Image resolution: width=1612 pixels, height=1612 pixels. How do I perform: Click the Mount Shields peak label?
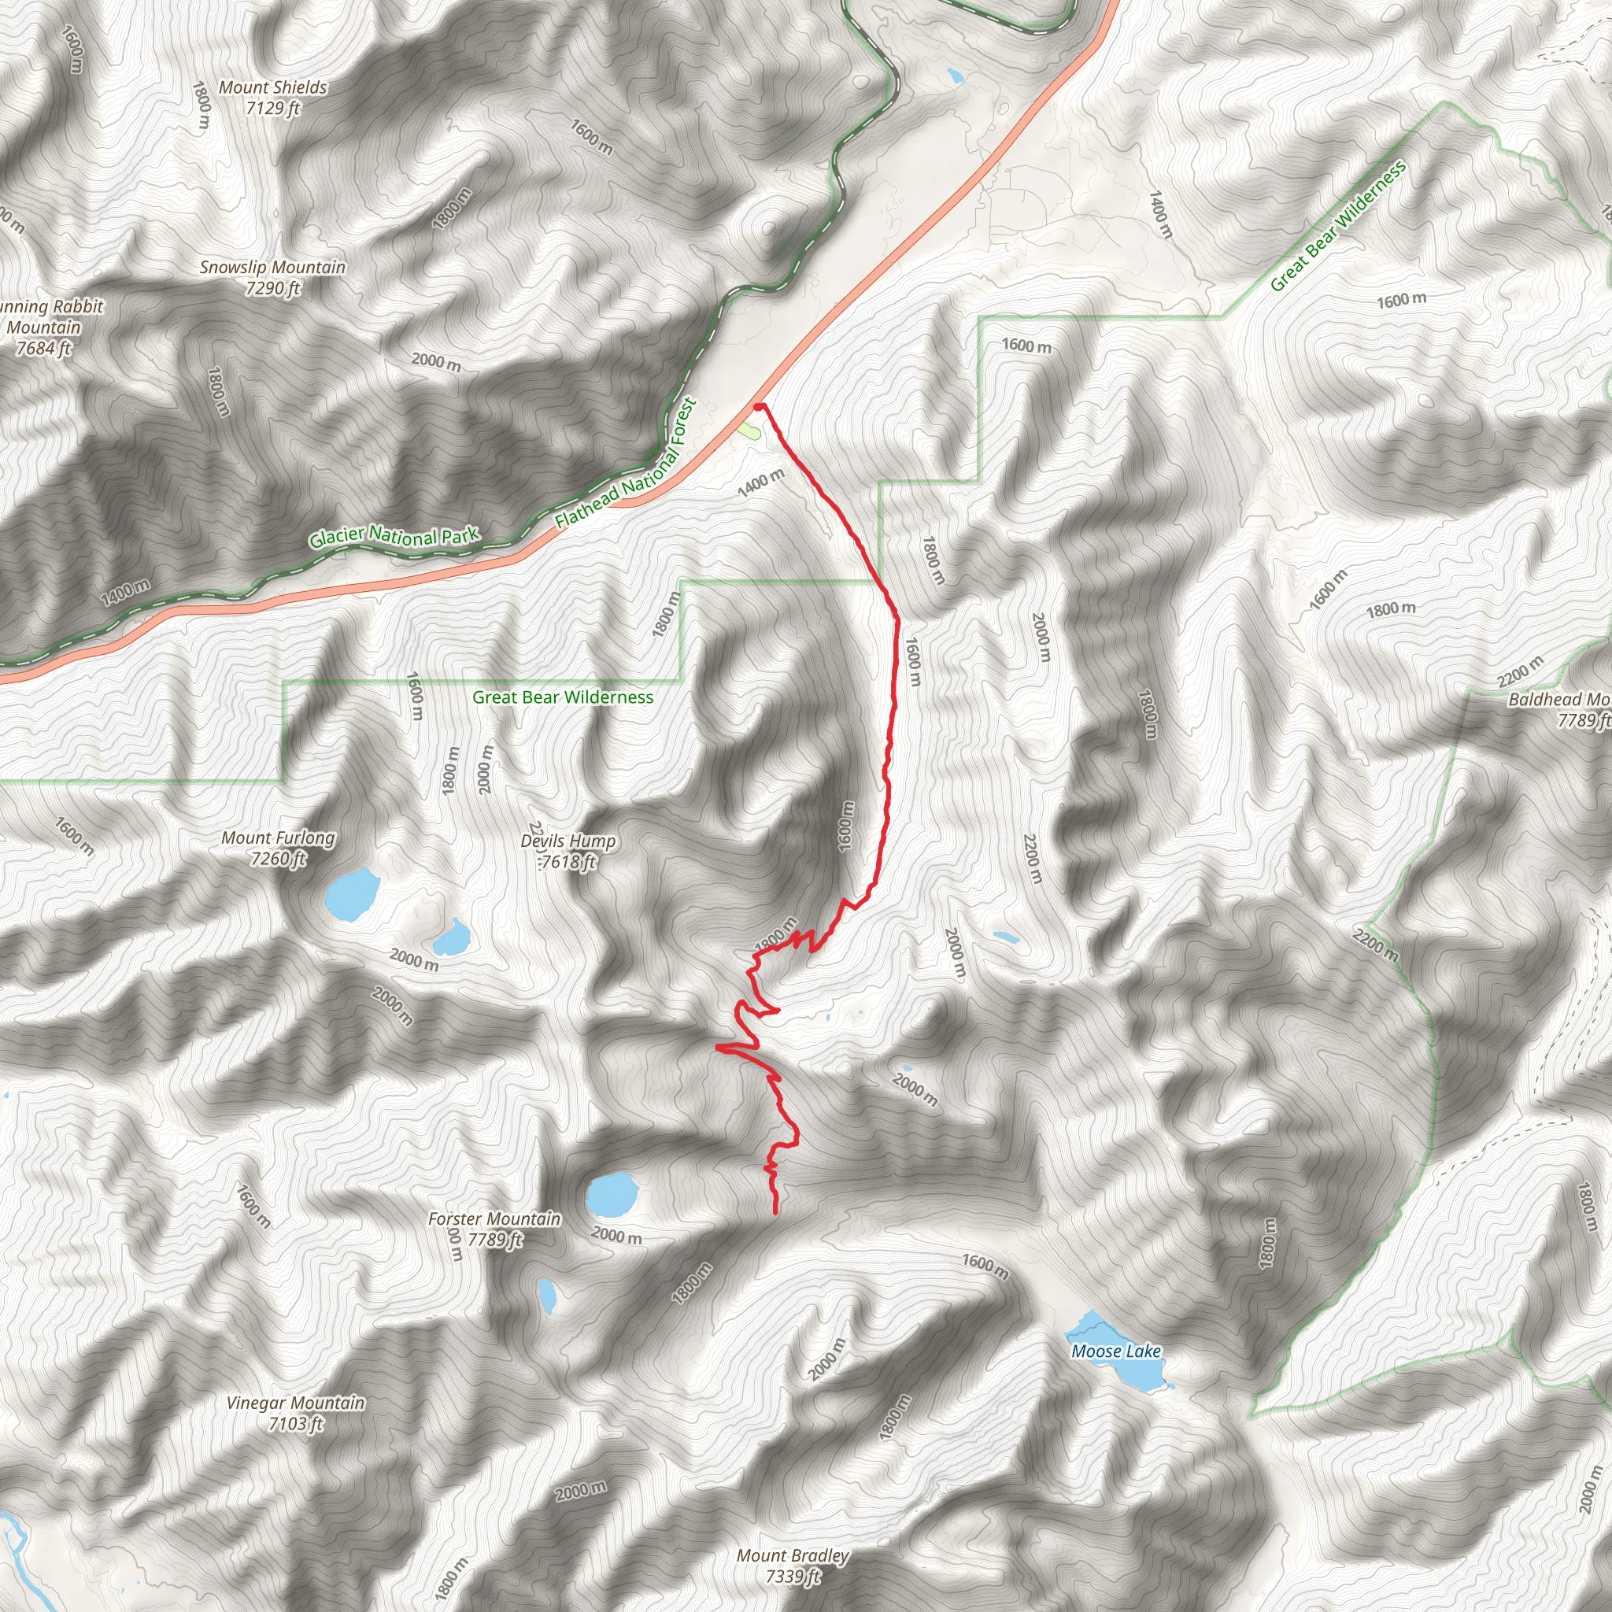pos(273,98)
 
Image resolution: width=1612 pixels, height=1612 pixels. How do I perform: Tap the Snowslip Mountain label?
pos(272,278)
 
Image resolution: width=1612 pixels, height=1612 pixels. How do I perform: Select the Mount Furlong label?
pos(278,848)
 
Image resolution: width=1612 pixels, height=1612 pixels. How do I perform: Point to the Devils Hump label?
pos(568,851)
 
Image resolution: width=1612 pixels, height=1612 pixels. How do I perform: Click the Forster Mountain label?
pos(494,1229)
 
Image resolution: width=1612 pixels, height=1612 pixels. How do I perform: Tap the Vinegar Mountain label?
pos(295,1413)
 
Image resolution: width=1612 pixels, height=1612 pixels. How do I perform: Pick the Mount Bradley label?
pos(793,1566)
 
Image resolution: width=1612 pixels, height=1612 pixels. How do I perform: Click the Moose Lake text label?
pos(1115,1351)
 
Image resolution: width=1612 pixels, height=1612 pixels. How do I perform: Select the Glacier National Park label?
pos(394,537)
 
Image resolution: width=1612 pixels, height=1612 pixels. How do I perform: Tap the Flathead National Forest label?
pos(626,464)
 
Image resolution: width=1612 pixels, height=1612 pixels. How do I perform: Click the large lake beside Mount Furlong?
pos(351,894)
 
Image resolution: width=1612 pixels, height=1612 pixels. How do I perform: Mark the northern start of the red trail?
pos(759,406)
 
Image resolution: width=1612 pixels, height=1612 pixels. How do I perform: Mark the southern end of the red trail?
pos(776,1211)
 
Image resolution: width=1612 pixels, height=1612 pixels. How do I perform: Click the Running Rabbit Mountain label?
pos(46,327)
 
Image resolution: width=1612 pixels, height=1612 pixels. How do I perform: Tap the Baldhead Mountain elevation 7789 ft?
pos(1582,720)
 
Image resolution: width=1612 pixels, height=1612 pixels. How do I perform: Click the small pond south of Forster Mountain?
pos(546,1294)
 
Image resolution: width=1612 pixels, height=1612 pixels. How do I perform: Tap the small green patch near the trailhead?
pos(749,431)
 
